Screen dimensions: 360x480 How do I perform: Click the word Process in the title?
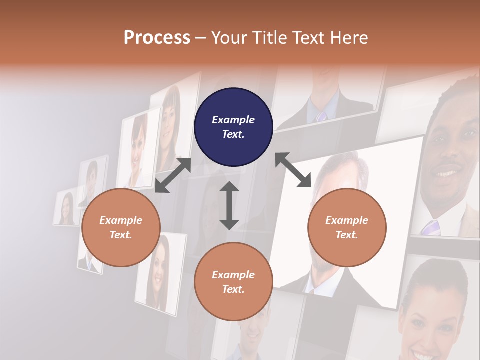click(157, 38)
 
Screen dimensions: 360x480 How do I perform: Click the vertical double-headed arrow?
click(229, 205)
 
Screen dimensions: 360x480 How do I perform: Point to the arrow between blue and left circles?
click(173, 175)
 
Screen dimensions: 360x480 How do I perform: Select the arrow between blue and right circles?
click(293, 170)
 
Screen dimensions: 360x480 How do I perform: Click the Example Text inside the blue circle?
click(233, 127)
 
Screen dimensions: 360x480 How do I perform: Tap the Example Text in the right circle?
click(347, 227)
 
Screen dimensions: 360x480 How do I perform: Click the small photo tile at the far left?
click(66, 208)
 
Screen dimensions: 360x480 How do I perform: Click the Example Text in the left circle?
click(121, 227)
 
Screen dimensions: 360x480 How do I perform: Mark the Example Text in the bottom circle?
click(233, 282)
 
